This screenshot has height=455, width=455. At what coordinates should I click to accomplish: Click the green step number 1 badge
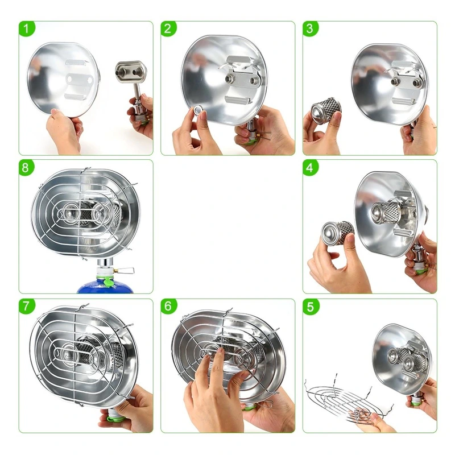[x=27, y=29]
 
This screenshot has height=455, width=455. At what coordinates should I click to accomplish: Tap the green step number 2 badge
[x=168, y=29]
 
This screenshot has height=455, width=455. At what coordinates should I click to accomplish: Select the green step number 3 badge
[x=310, y=29]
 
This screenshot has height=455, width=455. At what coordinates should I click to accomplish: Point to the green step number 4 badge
[x=310, y=168]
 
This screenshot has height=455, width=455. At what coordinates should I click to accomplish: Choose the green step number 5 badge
[x=310, y=307]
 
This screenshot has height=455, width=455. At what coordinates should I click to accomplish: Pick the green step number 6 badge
[x=168, y=306]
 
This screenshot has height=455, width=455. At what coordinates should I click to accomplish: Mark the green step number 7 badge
[x=27, y=307]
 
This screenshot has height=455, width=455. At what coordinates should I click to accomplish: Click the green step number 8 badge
[x=26, y=168]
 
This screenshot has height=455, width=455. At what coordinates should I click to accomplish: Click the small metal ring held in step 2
[x=198, y=110]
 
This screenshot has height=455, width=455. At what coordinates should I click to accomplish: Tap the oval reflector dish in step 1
[x=63, y=79]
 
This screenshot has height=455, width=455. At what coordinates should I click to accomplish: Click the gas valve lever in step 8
[x=125, y=271]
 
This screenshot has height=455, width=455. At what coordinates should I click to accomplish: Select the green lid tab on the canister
[x=107, y=282]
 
